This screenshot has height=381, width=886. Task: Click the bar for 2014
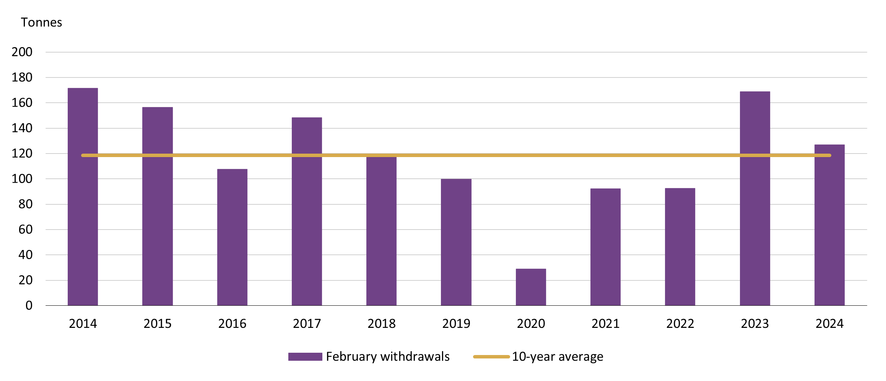click(x=83, y=197)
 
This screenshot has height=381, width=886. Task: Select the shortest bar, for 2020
click(x=531, y=287)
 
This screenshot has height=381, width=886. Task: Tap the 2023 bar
click(x=755, y=198)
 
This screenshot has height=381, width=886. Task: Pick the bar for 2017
click(x=307, y=211)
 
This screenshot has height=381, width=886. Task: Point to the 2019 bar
click(x=456, y=242)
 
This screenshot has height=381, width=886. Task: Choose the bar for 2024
click(x=829, y=225)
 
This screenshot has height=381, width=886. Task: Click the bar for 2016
click(x=232, y=237)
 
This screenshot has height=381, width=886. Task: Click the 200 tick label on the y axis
click(x=22, y=52)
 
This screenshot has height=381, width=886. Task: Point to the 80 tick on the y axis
click(x=25, y=204)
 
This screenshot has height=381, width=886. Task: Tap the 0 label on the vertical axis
click(x=29, y=305)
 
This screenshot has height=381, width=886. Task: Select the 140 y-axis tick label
click(x=22, y=128)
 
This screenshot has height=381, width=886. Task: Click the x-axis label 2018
click(x=381, y=324)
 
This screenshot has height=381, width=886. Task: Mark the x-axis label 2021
click(x=605, y=324)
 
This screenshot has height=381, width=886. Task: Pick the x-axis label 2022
click(x=680, y=324)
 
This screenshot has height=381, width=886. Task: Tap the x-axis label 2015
click(x=158, y=324)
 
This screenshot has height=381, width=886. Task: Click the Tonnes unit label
click(x=41, y=23)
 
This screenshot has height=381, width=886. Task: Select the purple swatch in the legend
click(x=305, y=357)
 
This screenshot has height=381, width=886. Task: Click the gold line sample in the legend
click(x=491, y=357)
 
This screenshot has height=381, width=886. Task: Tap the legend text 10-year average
click(x=558, y=357)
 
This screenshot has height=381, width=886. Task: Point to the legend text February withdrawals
click(x=388, y=357)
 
